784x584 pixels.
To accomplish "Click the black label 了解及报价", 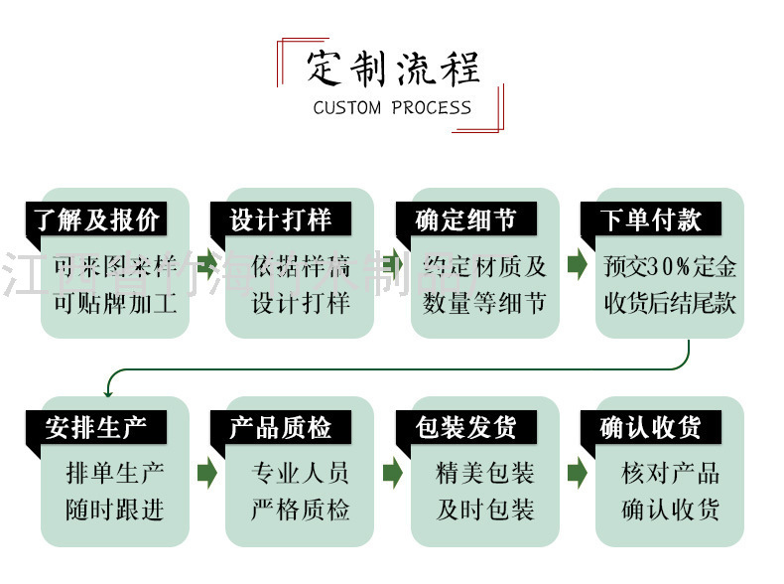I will (95, 219).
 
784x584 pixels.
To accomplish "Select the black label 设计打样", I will (281, 219).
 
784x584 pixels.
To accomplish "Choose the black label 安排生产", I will (95, 428).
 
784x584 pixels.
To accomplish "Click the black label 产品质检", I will (281, 428).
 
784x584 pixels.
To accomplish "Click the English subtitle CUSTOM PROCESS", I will (392, 107).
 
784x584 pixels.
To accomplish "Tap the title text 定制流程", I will (393, 68).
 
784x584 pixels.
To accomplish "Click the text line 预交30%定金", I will (670, 266).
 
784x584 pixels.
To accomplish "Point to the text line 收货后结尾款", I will (670, 302).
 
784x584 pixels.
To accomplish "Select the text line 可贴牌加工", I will (115, 302).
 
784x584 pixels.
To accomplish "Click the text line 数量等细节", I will (484, 302).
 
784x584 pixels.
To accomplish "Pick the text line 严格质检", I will (300, 511).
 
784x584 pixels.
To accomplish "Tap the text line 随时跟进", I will (115, 511).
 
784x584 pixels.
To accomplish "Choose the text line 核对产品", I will (670, 474).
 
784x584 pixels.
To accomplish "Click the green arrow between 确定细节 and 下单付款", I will (577, 265).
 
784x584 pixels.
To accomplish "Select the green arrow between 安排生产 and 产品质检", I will (206, 473).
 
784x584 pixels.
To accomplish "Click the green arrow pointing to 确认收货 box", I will (577, 473).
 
